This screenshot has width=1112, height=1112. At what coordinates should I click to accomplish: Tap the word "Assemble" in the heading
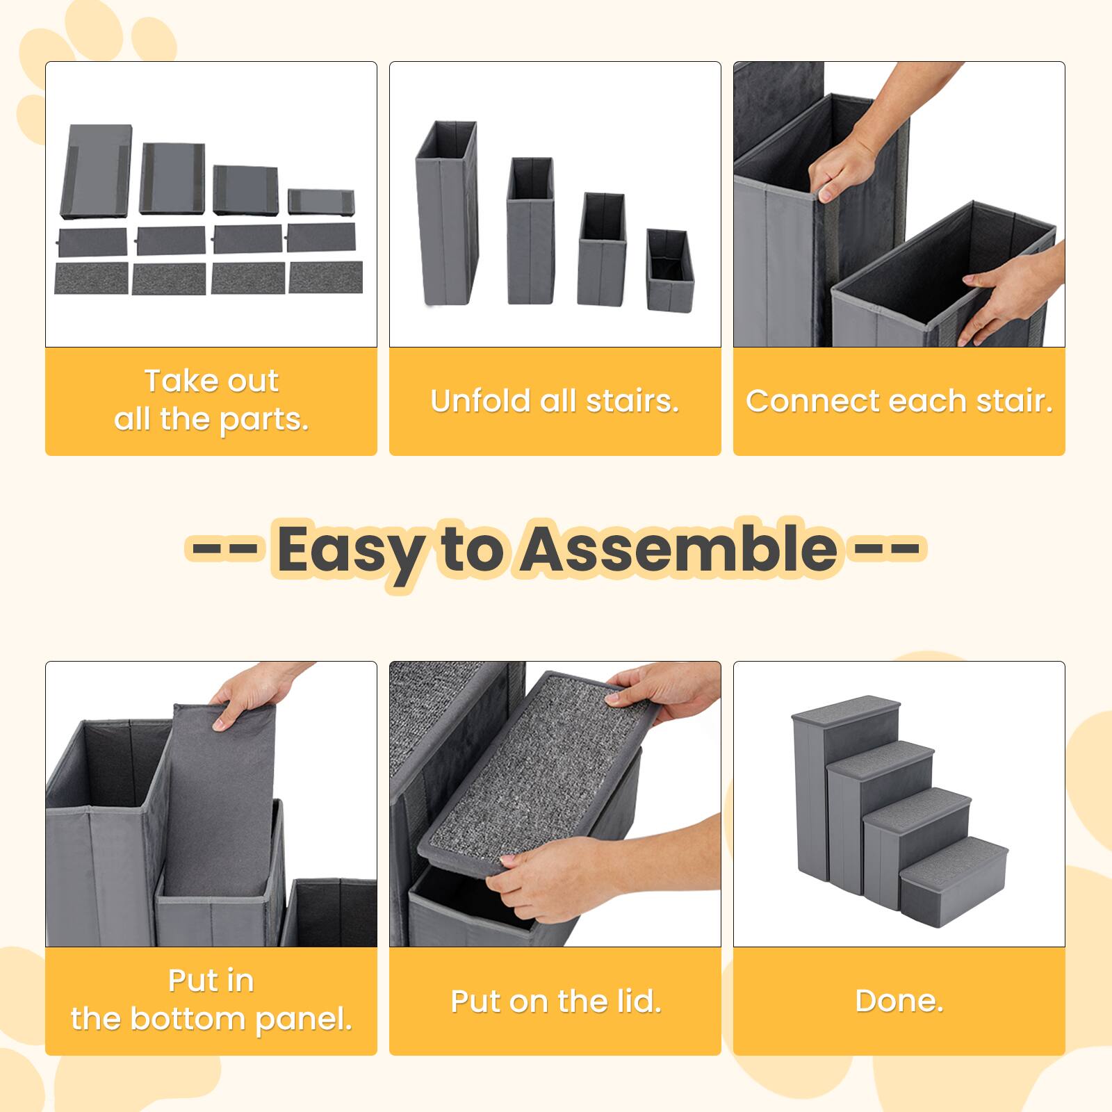[680, 549]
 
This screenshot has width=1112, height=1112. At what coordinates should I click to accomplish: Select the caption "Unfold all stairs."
[555, 401]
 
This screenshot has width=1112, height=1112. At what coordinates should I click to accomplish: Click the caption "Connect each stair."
[899, 401]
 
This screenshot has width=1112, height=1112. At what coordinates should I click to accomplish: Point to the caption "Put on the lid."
[555, 1001]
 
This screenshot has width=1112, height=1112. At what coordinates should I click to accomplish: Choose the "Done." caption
[899, 1001]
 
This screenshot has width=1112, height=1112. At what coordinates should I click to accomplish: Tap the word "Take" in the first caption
[174, 381]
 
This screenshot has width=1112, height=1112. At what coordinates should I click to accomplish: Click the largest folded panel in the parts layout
[97, 172]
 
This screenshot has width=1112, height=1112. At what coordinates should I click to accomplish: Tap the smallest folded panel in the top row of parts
[321, 201]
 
